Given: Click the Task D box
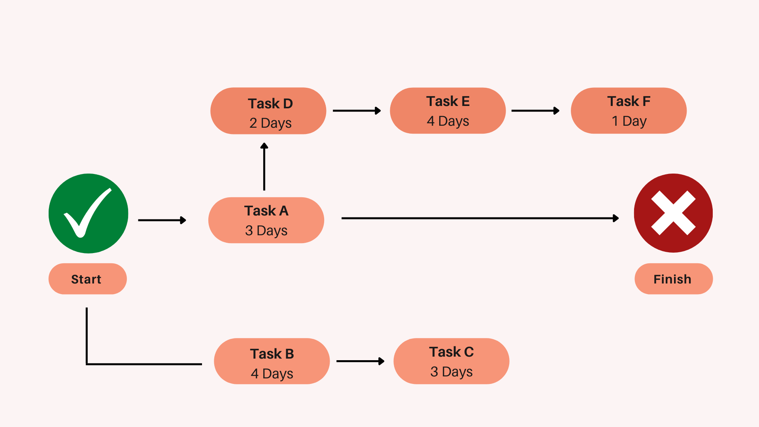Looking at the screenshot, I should pos(268,111).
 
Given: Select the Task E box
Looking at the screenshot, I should pos(447,111).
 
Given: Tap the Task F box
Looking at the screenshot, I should pos(629,111).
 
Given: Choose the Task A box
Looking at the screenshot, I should pos(266,220).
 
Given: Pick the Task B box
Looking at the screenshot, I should pos(272,361).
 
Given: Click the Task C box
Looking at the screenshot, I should pos(451,361).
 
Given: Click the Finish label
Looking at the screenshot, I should pos(673,279).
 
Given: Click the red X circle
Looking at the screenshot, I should pos(673,213).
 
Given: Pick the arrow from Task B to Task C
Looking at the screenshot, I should pos(360,361).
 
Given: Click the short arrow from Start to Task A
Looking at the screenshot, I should pos(162,220).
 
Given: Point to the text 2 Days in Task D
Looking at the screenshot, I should pos(270,123).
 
